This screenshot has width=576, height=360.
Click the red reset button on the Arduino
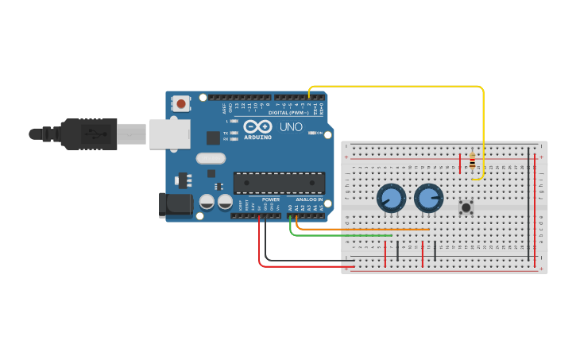point(182,103)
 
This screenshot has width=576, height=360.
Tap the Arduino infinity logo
point(257,127)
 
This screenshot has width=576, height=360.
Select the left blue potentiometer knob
point(391,197)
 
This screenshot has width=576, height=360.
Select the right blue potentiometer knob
point(428,198)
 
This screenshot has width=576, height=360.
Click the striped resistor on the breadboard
point(473,163)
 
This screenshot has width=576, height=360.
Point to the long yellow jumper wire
point(483,119)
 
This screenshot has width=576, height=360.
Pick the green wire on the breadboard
point(342,235)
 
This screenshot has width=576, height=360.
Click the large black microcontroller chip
point(279,183)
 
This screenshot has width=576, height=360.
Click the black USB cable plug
point(87,134)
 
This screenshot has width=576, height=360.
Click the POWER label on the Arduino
point(270,221)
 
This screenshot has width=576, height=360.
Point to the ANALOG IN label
point(309,221)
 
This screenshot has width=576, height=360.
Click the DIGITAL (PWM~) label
point(289,112)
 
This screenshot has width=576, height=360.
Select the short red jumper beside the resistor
point(459,164)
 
